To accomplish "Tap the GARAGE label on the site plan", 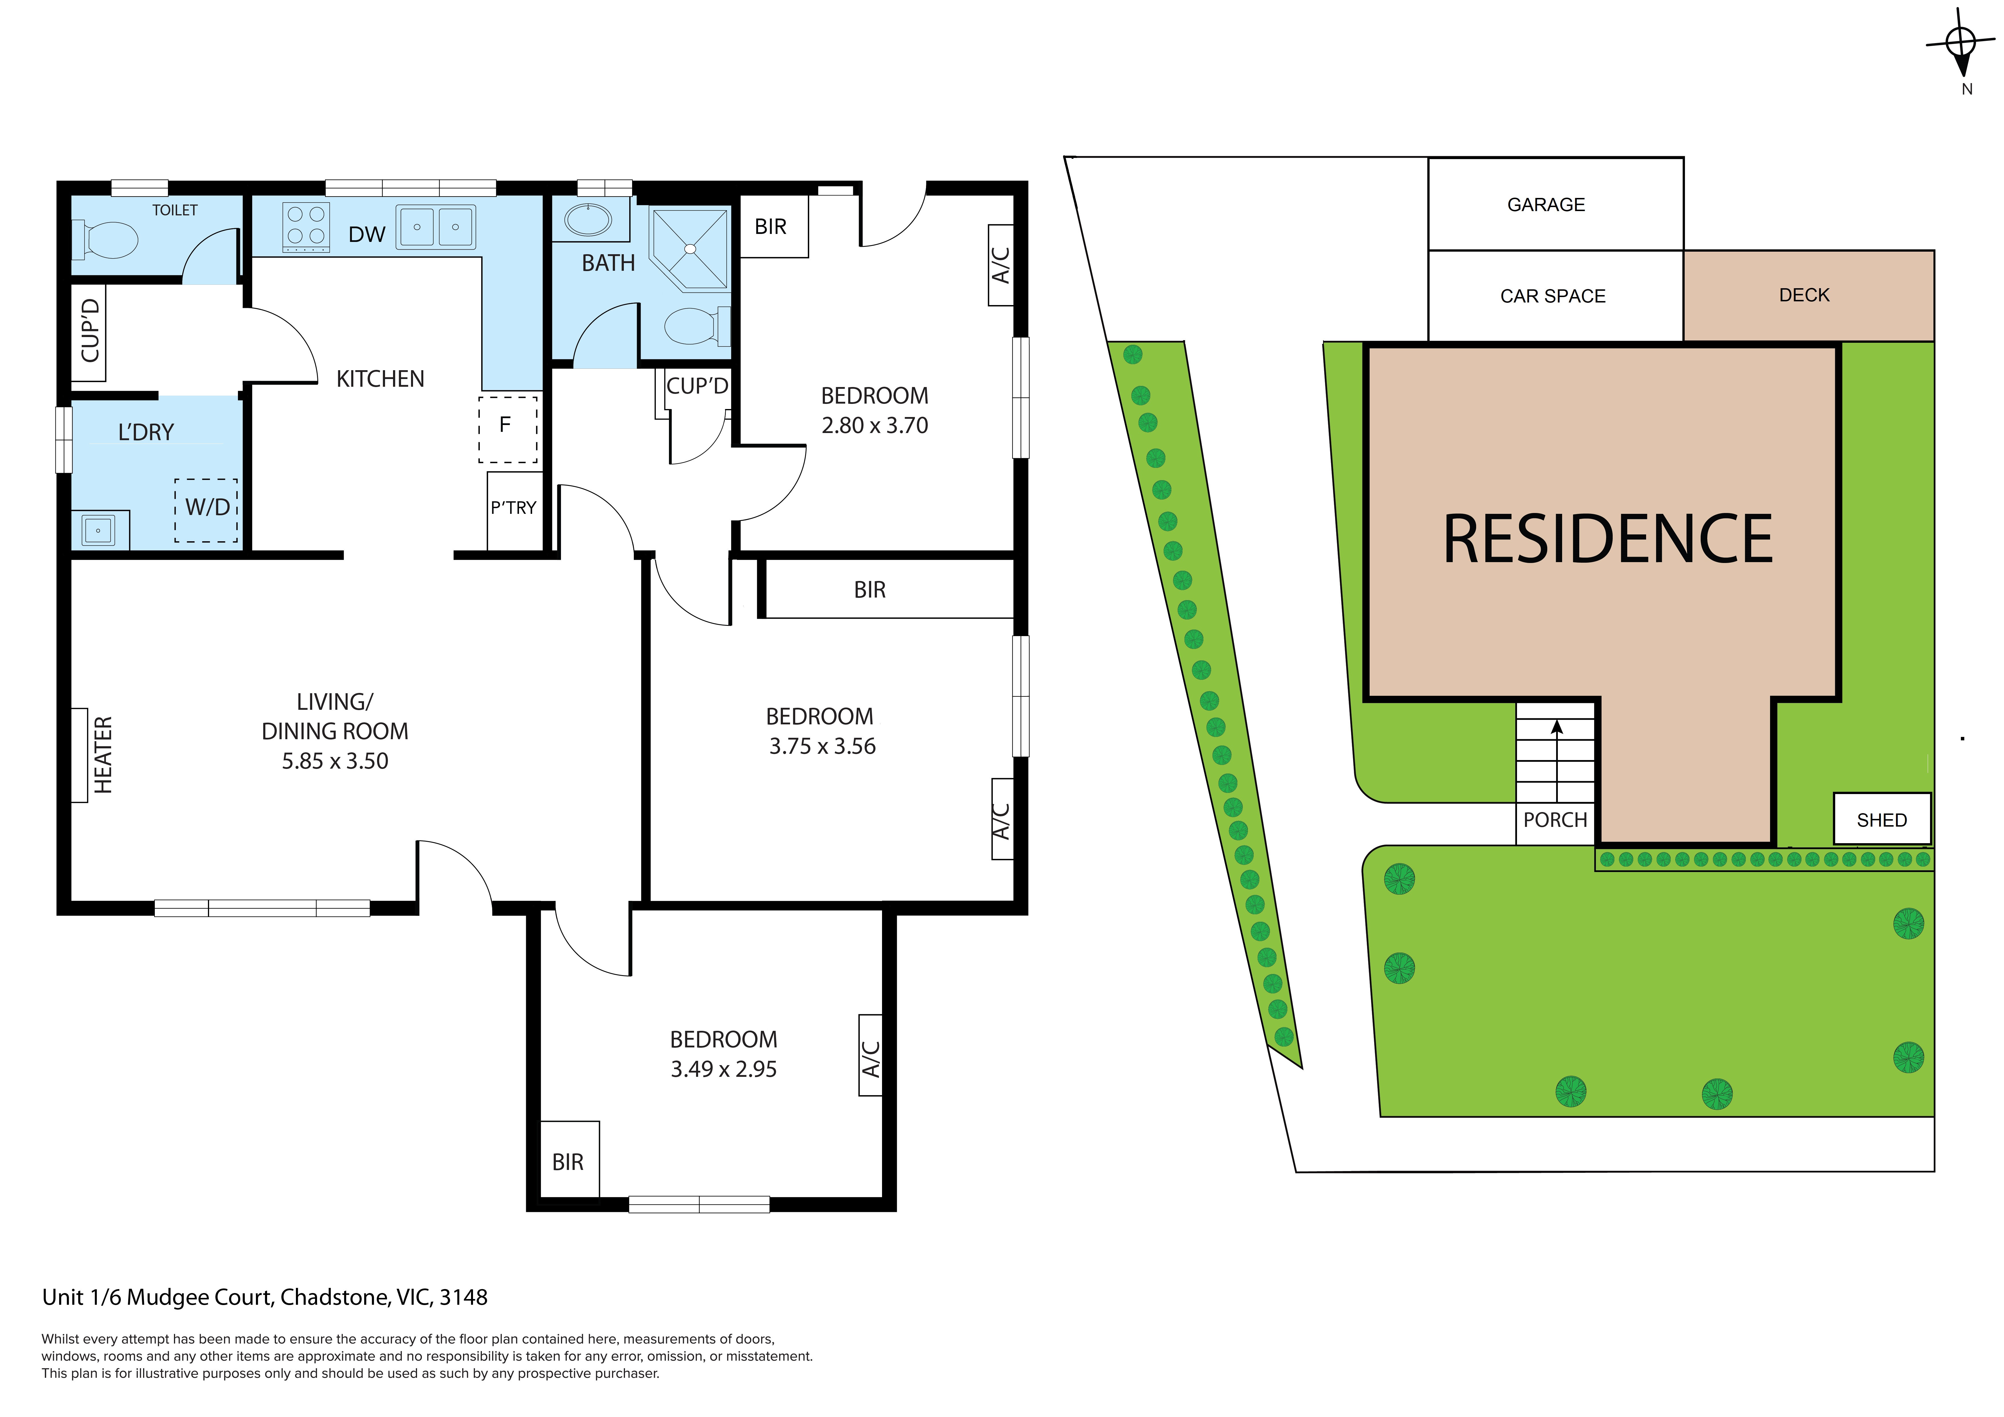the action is (1546, 204).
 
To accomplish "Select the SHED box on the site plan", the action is (1882, 819).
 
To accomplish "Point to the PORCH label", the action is (1555, 820).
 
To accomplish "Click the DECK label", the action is (1804, 295).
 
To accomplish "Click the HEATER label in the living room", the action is (103, 755).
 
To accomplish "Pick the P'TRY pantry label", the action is (513, 507).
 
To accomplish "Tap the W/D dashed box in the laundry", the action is (206, 510).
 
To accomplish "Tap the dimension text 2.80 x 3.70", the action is (875, 425).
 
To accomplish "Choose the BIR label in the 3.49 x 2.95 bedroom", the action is (567, 1162).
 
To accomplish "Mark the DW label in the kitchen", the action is (366, 234).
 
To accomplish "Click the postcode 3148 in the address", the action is (464, 1297).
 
